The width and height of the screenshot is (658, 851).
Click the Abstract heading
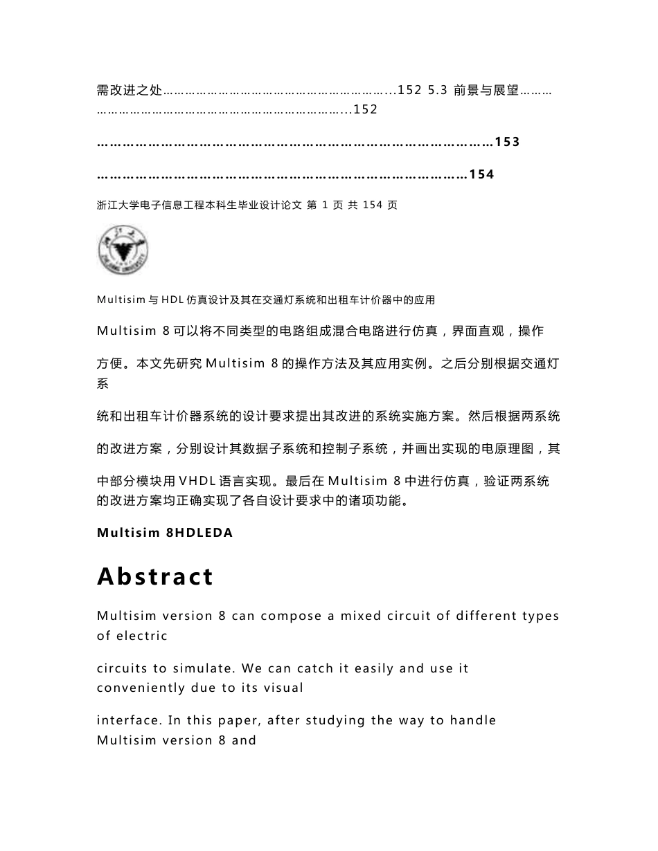(x=155, y=576)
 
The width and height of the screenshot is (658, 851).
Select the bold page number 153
(x=507, y=142)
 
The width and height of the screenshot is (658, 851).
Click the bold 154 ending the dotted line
(x=481, y=174)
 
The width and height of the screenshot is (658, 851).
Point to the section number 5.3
(x=438, y=91)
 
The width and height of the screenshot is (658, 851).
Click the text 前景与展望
(x=486, y=91)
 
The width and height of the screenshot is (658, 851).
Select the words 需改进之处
(x=130, y=91)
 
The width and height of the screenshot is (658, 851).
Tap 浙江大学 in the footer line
(x=118, y=205)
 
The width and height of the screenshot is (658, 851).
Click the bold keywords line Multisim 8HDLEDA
(x=165, y=533)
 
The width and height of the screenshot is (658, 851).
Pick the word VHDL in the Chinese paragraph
(x=199, y=481)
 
